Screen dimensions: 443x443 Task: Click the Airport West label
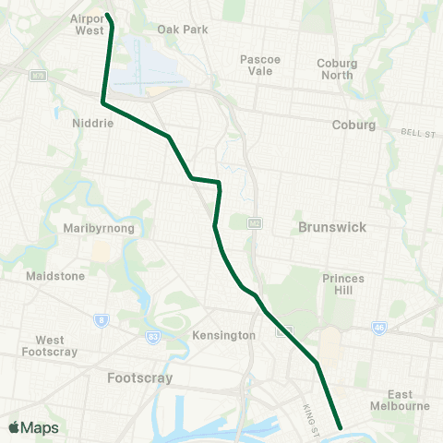[89, 23]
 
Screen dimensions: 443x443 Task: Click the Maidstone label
[55, 275]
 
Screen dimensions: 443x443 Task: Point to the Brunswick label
[333, 226]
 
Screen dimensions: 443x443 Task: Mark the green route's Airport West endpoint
[108, 16]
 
